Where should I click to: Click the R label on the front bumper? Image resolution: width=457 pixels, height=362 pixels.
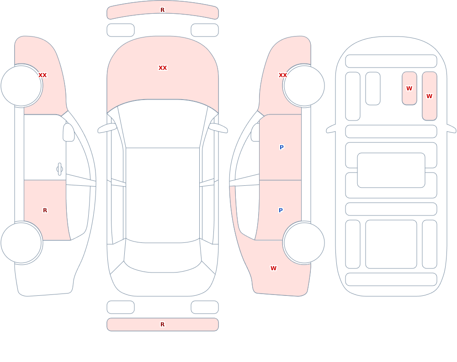(162, 10)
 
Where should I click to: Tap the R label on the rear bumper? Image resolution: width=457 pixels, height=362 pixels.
(162, 325)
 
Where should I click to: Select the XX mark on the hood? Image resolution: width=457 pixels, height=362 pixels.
(163, 68)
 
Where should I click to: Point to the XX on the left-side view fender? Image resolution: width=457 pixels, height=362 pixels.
(43, 75)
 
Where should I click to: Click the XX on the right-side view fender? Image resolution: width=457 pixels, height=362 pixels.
(283, 75)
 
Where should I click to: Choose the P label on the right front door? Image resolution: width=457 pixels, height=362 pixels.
(282, 147)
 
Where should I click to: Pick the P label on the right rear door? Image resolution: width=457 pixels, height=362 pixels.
(281, 210)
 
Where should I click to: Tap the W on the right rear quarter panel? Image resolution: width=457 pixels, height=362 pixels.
(273, 268)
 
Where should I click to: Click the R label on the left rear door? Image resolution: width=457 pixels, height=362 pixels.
(45, 210)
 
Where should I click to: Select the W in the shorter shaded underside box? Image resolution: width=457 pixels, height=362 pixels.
(409, 88)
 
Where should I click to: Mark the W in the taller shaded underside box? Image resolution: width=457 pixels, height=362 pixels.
(429, 96)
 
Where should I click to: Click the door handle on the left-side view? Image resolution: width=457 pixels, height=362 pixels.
(59, 169)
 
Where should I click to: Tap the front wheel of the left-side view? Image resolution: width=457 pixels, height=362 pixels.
(21, 86)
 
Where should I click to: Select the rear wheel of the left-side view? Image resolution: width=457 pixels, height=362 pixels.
(21, 242)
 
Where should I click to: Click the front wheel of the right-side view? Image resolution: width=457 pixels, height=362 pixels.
(304, 86)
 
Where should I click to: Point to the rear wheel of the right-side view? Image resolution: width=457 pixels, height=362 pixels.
(304, 242)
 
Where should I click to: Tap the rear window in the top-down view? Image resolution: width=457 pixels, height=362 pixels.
(163, 262)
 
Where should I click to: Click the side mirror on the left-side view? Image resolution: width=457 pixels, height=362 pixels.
(69, 132)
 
